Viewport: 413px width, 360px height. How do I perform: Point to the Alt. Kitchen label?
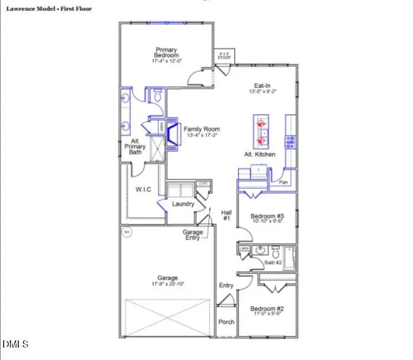point(260,154)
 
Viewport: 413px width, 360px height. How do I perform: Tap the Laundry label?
point(183,204)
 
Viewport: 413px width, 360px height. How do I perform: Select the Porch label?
point(226,322)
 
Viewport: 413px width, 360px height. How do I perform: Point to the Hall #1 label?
point(226,215)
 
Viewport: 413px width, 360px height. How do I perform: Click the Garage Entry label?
point(193,235)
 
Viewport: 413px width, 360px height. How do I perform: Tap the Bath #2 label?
point(273,262)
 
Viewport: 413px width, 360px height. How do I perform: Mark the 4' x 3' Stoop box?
point(224,56)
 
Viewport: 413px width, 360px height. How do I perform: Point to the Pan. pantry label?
point(284,182)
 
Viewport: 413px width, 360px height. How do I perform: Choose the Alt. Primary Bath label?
point(136,146)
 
